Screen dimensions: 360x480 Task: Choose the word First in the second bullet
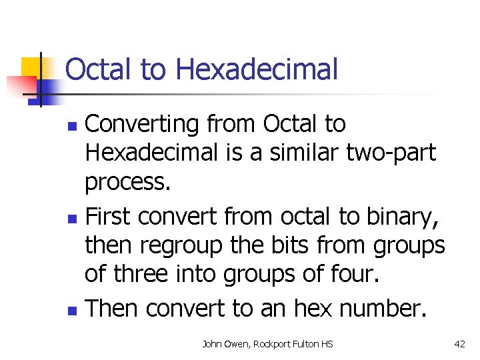[110, 217]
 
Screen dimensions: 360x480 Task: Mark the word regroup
[191, 245]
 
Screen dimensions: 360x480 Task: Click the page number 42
[459, 344]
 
